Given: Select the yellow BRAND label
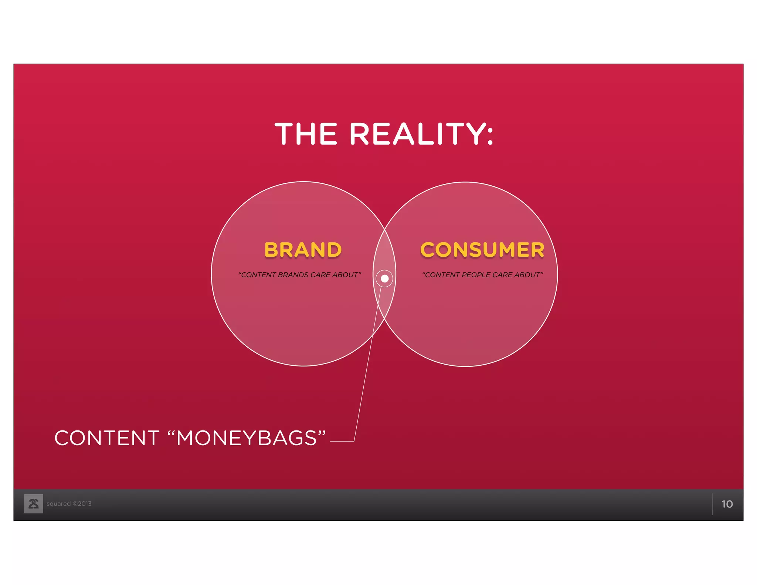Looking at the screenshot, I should coord(303,250).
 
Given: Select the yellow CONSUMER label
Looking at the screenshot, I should coord(482,250).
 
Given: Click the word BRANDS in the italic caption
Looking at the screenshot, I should coord(293,275).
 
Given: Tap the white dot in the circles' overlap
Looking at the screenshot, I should coord(384,278).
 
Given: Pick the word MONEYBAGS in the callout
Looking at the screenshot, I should coord(247,438).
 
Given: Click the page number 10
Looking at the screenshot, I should coord(727,504).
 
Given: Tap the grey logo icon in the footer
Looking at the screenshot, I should coord(33,504).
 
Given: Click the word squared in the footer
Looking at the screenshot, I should coord(58,504).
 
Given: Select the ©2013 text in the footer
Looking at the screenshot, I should coord(82,504).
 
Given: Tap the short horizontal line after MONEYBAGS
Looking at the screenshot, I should coord(342,441).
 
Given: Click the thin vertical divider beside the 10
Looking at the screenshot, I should coord(712,504).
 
